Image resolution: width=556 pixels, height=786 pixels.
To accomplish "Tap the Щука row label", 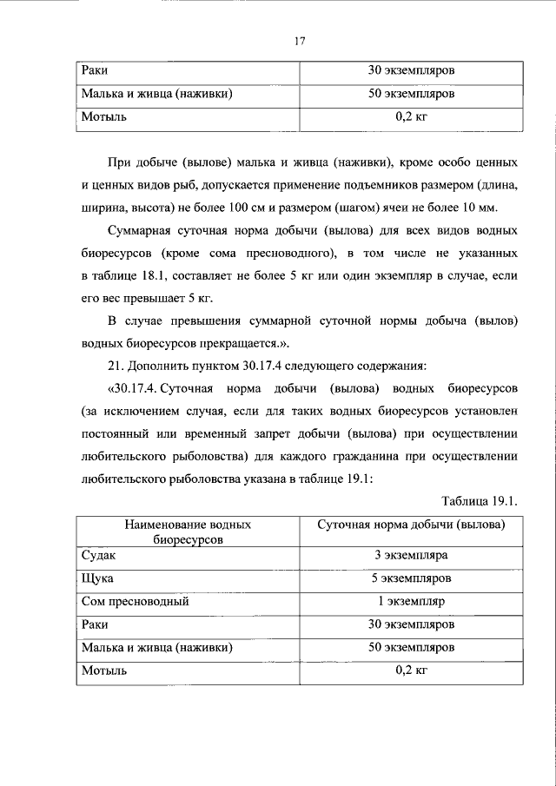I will (96, 578).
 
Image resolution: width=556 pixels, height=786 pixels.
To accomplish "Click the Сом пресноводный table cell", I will (134, 601).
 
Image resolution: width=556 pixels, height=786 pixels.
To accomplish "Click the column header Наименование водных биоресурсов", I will (188, 532).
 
